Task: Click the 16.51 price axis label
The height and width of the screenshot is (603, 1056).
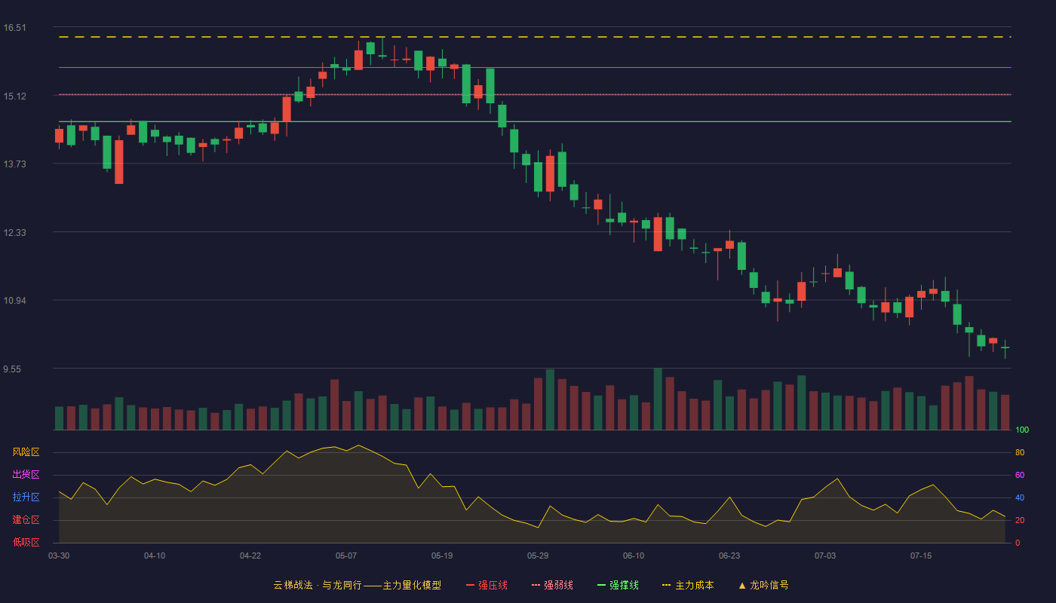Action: point(14,28)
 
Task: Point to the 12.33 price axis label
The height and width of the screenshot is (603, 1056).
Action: point(14,233)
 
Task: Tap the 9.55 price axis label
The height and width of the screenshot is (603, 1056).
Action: point(12,369)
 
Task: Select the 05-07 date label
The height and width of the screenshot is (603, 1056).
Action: point(346,556)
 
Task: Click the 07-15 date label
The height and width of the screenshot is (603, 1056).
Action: point(921,556)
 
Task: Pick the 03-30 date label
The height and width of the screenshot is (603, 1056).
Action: point(59,556)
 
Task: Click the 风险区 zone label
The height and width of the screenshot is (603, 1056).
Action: point(26,452)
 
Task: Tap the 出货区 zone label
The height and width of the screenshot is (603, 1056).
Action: point(26,475)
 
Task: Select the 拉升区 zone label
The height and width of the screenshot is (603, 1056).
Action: point(26,497)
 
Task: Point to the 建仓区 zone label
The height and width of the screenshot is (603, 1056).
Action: point(26,520)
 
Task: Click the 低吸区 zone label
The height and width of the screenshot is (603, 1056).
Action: point(26,543)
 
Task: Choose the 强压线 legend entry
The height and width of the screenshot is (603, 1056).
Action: point(487,586)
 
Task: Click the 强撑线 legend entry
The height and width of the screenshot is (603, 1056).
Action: point(618,586)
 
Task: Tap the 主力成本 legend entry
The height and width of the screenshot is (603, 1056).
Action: point(688,586)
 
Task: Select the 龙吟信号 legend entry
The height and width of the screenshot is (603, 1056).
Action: point(763,586)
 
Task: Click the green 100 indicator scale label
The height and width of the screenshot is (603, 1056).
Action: point(1022,430)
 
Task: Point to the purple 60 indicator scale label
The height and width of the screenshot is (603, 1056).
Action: point(1020,476)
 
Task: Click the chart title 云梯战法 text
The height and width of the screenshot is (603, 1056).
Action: point(293,586)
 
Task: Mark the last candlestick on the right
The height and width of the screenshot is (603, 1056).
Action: point(1005,348)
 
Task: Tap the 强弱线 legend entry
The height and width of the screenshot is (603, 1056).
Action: point(552,586)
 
